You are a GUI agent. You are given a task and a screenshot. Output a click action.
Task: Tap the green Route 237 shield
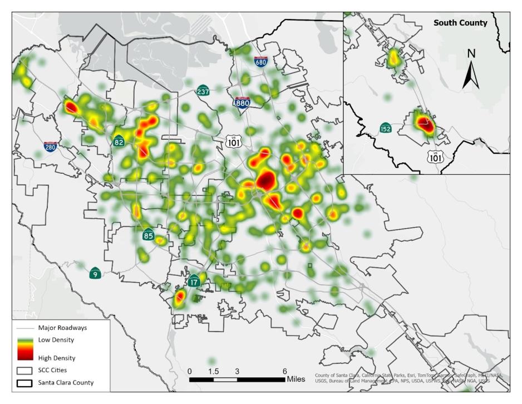pyautogui.click(x=203, y=90)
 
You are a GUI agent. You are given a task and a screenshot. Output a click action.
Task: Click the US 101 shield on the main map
pyautogui.click(x=234, y=141)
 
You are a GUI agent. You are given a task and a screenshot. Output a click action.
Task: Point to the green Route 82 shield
pyautogui.click(x=119, y=140)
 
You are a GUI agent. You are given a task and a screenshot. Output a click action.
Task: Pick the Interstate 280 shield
pyautogui.click(x=51, y=147)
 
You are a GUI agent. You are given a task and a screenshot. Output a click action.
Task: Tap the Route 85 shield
pyautogui.click(x=148, y=234)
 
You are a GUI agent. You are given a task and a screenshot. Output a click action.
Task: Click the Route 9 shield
pyautogui.click(x=96, y=273)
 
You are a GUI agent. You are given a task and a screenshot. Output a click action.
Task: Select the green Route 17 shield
pyautogui.click(x=194, y=281)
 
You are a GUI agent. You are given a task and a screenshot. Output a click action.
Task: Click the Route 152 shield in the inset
pyautogui.click(x=385, y=128)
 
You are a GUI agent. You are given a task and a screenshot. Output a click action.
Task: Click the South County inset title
pyautogui.click(x=460, y=23)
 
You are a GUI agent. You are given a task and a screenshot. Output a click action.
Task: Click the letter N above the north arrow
pyautogui.click(x=471, y=53)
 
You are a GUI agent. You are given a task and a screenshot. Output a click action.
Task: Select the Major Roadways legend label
pyautogui.click(x=62, y=328)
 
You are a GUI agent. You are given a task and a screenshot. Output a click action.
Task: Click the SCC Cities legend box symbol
pyautogui.click(x=25, y=370)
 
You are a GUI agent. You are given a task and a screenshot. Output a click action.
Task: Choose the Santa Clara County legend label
pyautogui.click(x=66, y=383)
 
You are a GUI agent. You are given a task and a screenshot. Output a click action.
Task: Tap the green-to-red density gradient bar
pyautogui.click(x=25, y=348)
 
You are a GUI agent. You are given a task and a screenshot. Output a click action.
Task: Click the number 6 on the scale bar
pyautogui.click(x=284, y=371)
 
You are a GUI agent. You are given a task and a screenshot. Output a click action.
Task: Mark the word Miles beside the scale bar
pyautogui.click(x=296, y=379)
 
